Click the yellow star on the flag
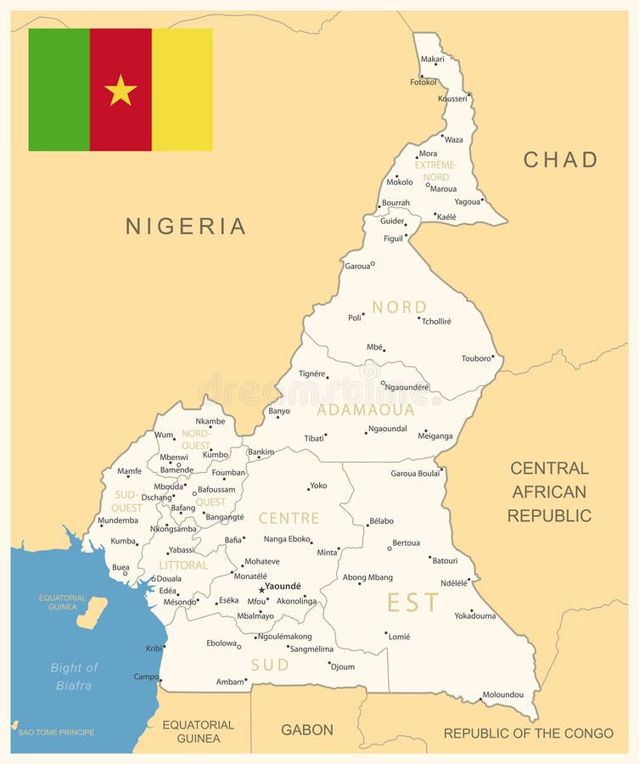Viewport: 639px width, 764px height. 121,90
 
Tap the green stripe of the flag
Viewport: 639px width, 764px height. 59,90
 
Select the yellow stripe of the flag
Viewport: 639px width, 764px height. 182,90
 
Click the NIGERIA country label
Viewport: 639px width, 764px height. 186,226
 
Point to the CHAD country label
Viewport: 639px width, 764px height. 560,160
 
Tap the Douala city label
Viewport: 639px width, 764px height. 169,579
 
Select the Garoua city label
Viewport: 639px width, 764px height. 356,266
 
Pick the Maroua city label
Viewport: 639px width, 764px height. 443,188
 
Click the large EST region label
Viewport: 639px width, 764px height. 413,603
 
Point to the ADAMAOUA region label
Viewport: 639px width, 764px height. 366,410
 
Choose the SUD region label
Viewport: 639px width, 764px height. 270,665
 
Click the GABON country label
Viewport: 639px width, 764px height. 307,729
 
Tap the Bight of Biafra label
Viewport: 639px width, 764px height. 74,676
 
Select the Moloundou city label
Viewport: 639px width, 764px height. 503,694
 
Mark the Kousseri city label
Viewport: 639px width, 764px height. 452,98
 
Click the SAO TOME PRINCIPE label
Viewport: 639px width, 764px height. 56,732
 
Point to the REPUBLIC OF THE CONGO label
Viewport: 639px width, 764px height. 528,733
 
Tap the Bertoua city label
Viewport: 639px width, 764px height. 406,542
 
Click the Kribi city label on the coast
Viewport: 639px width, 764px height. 154,648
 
